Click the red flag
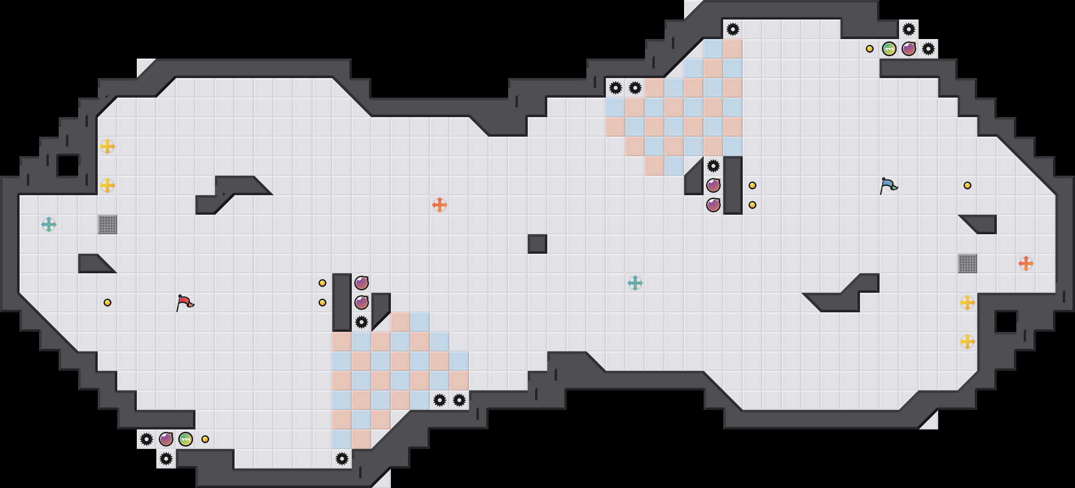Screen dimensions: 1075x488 (x=185, y=303)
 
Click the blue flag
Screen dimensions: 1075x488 (x=888, y=186)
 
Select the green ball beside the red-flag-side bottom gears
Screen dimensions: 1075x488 (x=186, y=439)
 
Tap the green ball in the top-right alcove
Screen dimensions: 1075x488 (x=889, y=49)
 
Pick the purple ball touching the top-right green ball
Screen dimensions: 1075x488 (x=909, y=49)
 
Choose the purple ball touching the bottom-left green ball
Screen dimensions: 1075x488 (x=166, y=439)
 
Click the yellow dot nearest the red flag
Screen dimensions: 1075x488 (x=107, y=303)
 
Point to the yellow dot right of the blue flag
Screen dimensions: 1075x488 (x=967, y=185)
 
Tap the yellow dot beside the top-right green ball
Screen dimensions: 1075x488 (x=870, y=49)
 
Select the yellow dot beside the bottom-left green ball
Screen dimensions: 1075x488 (x=205, y=439)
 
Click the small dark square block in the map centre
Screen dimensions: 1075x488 (x=537, y=244)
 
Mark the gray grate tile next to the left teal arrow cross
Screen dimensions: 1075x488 (x=107, y=224)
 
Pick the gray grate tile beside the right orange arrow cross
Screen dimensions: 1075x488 (x=967, y=264)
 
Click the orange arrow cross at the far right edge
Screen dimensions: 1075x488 (x=1026, y=264)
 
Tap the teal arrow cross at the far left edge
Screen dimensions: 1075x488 (x=49, y=224)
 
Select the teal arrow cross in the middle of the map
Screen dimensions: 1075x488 (x=635, y=283)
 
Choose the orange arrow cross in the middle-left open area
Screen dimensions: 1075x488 (x=440, y=205)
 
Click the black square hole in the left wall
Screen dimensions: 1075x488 (x=68, y=165)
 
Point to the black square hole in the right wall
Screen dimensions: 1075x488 (x=1007, y=322)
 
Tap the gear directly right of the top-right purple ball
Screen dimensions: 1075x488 (x=928, y=49)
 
